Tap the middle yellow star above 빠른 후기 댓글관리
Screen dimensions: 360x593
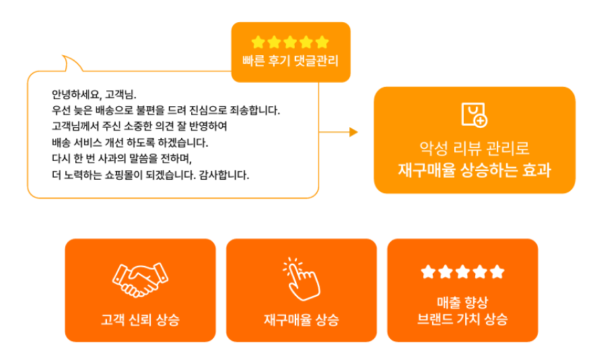290,42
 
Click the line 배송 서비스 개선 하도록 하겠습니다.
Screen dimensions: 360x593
131,143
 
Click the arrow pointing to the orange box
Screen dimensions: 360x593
353,132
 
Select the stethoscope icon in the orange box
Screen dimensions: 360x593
474,115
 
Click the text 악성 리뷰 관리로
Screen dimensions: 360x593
474,146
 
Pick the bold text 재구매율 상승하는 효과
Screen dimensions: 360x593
474,170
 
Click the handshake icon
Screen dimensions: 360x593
140,279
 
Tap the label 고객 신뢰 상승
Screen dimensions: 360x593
140,319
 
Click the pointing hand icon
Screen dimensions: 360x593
301,278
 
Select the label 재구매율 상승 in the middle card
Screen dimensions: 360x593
301,319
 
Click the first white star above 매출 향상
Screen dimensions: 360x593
428,272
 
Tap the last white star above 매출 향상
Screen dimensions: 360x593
497,272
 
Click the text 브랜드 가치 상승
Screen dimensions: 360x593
462,319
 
